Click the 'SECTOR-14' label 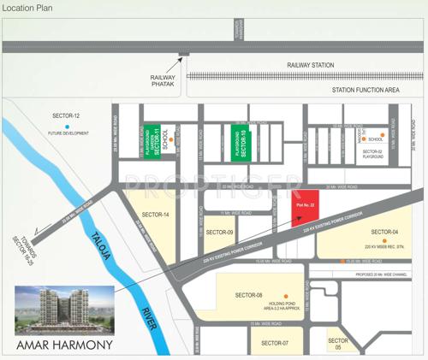[156, 214]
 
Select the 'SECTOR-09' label [220, 232]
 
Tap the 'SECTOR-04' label [385, 233]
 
